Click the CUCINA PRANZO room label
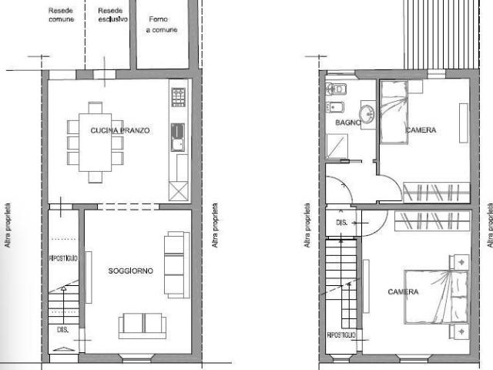(119, 131)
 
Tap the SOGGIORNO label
(130, 271)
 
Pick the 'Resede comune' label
(61, 15)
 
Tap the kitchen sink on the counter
(178, 136)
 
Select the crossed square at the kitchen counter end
(178, 190)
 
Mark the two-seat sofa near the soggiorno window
(143, 325)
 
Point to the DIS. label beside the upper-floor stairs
(342, 222)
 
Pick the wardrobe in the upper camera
(435, 191)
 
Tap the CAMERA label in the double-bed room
(403, 292)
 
